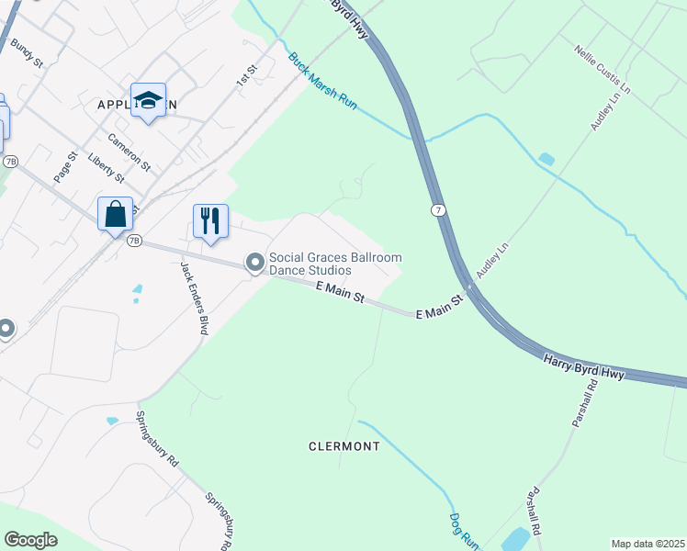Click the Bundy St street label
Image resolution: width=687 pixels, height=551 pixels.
[27, 53]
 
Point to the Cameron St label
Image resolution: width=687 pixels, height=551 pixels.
[129, 152]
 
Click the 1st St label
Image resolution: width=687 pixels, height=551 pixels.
[244, 76]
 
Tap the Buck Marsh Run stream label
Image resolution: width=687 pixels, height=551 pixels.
[322, 82]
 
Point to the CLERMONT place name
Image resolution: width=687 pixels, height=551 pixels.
[344, 446]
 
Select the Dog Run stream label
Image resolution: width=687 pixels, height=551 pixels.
[465, 530]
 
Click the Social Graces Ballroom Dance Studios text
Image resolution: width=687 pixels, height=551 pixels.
[334, 264]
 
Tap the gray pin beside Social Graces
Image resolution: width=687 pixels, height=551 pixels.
[254, 264]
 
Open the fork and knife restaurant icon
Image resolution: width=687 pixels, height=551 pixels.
[210, 221]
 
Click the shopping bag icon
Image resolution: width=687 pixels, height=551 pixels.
[116, 214]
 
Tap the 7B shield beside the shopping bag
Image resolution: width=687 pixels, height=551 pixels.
[135, 241]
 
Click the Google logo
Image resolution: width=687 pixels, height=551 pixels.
[30, 540]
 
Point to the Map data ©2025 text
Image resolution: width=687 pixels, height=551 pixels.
[647, 544]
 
